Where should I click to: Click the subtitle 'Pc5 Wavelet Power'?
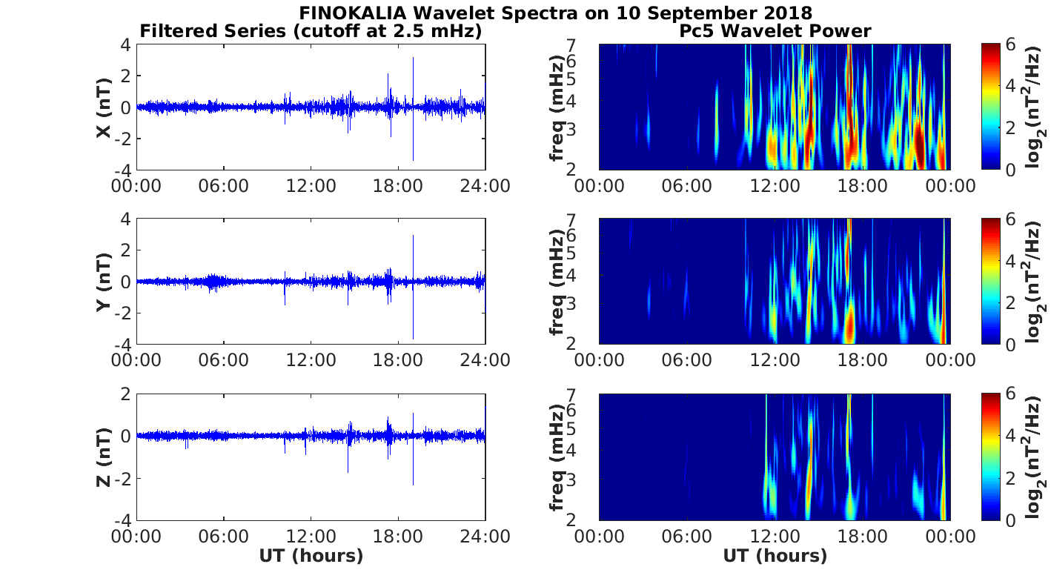pyautogui.click(x=775, y=31)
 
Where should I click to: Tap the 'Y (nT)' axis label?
pyautogui.click(x=105, y=282)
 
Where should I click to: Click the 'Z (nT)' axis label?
pyautogui.click(x=105, y=457)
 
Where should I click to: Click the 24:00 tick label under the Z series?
pyautogui.click(x=485, y=535)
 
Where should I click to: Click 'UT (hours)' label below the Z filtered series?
pyautogui.click(x=311, y=556)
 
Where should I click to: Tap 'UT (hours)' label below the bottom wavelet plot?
pyautogui.click(x=775, y=556)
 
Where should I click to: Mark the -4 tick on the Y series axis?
pyautogui.click(x=122, y=345)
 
